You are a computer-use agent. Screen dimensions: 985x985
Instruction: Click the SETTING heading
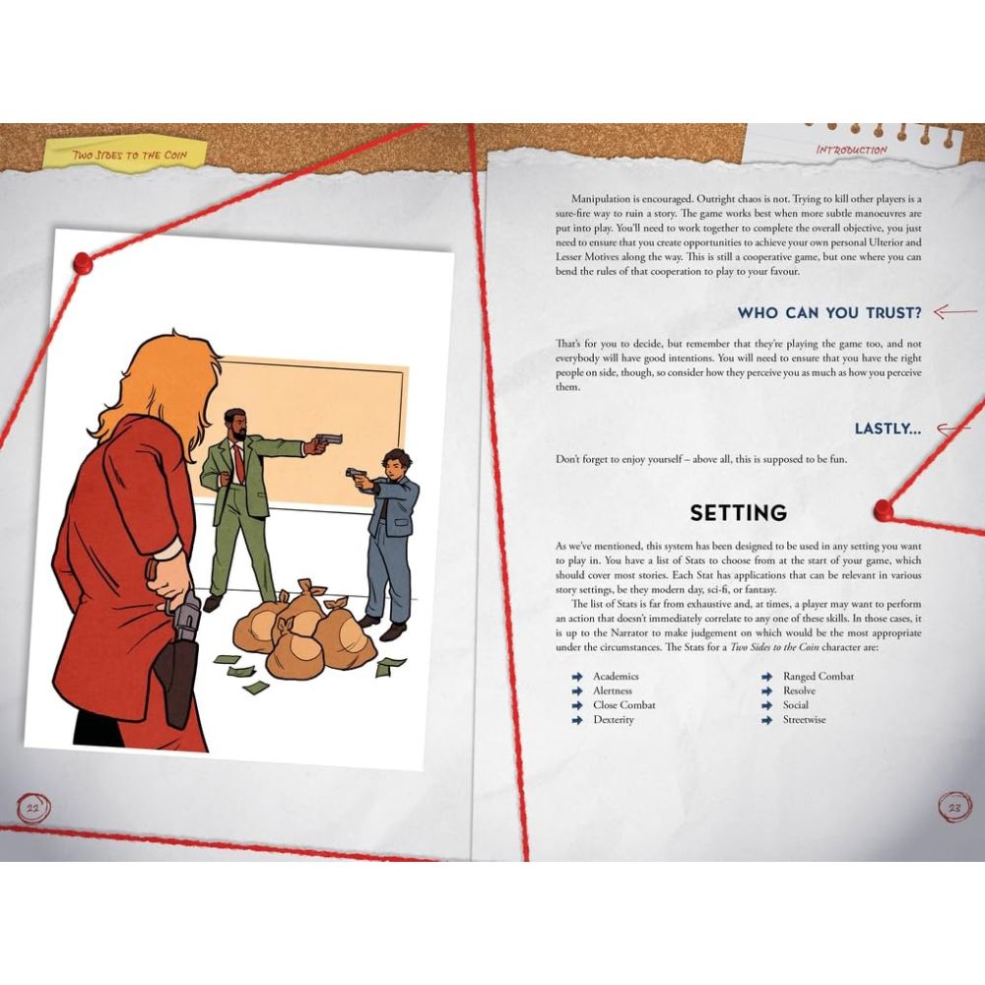point(738,512)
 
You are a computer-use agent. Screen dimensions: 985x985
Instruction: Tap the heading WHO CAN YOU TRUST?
point(829,313)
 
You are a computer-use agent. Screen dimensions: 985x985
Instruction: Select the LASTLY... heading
point(887,428)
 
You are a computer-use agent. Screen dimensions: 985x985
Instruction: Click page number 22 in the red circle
point(33,808)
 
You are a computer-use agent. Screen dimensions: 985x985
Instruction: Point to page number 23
point(954,808)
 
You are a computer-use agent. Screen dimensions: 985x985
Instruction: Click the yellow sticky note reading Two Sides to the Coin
point(126,152)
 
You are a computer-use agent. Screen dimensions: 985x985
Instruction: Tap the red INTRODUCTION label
point(851,150)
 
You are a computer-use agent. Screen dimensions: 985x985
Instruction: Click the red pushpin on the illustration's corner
point(83,263)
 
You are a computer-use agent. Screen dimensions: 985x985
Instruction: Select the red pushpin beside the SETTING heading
point(884,509)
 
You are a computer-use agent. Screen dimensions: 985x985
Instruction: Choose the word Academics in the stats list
point(616,677)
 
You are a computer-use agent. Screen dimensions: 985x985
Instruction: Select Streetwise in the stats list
point(804,720)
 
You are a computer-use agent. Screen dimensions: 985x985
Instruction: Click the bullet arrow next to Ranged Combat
point(766,677)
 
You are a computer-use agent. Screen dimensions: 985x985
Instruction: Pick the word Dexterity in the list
point(614,720)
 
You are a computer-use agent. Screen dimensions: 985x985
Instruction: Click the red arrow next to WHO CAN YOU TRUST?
point(954,311)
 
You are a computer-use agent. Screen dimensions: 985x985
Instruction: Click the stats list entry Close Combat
point(624,705)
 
